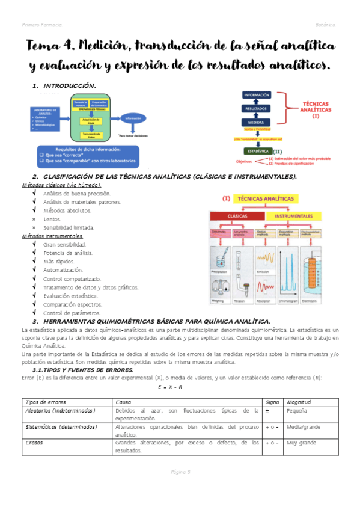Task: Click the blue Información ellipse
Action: pos(133,118)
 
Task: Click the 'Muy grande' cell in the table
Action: pos(302,443)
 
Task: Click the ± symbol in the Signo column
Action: pos(266,410)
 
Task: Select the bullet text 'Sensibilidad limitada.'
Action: pos(68,228)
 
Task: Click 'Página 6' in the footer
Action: pos(180,472)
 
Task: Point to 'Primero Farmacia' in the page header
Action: pos(41,25)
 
